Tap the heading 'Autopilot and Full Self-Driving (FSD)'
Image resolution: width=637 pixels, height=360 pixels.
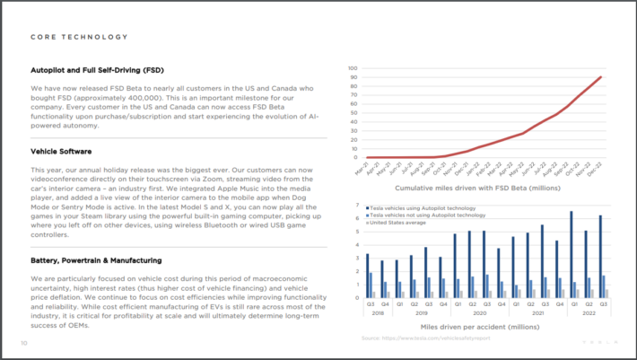click(x=109, y=69)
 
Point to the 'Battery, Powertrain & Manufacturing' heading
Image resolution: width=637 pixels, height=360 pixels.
click(x=96, y=260)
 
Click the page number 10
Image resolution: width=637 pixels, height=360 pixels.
click(x=24, y=343)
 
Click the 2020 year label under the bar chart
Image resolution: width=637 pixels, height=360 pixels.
click(x=480, y=313)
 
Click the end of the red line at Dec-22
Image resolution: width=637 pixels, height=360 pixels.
click(x=600, y=76)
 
